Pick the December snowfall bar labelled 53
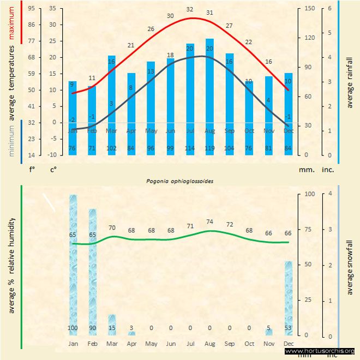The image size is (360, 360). tap(289, 298)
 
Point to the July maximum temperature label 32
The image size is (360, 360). tap(190, 9)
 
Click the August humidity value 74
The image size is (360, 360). tap(210, 221)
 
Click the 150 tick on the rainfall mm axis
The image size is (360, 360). tap(310, 9)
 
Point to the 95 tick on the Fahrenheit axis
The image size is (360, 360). tap(32, 9)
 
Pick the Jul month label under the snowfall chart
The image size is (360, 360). tap(190, 344)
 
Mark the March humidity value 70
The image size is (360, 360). tap(112, 227)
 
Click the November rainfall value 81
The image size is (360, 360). tap(268, 148)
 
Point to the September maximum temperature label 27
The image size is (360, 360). tap(229, 26)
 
